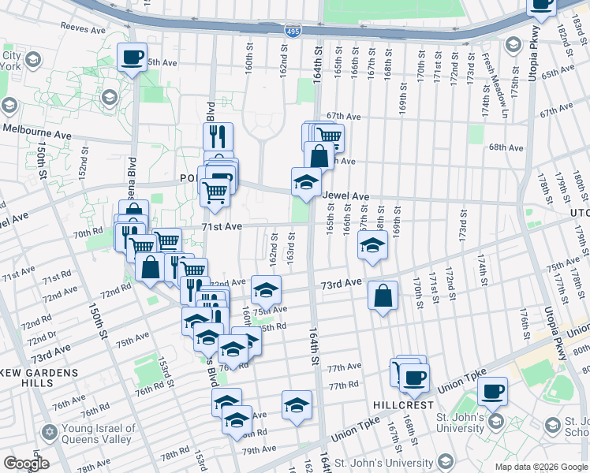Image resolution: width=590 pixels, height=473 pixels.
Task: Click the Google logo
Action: coord(25,464)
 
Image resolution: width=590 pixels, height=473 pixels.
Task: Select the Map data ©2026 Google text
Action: coord(540,467)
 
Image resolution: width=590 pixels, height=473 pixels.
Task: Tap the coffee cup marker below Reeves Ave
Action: coord(132,57)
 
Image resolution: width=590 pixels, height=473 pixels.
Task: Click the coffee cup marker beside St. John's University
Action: coord(492,390)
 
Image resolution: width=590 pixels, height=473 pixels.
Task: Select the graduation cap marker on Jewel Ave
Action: coord(306,182)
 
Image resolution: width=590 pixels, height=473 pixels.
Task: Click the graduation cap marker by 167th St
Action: coord(372,245)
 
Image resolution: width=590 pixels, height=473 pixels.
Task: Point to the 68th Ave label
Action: coord(506,147)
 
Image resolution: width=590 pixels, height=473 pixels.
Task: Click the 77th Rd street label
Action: coord(343,385)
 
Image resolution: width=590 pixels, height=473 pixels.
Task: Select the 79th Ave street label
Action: coord(260,449)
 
